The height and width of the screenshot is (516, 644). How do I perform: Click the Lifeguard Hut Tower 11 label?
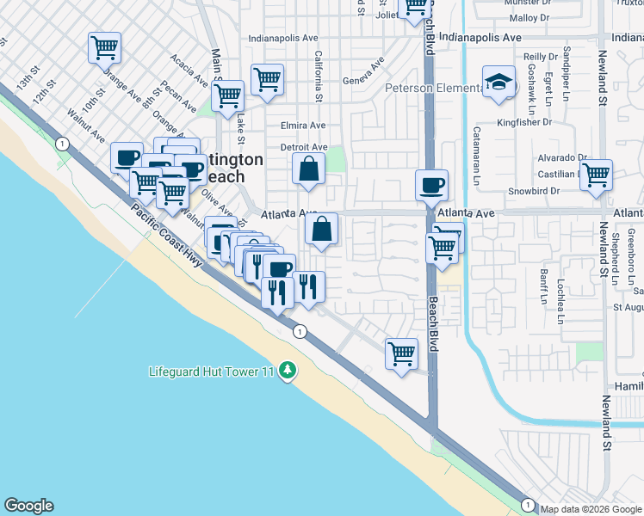pyautogui.click(x=211, y=372)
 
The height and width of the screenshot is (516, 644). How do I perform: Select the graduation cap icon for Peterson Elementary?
pyautogui.click(x=498, y=83)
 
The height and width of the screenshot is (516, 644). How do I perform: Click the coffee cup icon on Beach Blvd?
pyautogui.click(x=431, y=183)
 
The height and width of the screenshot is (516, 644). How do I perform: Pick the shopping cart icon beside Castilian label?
pyautogui.click(x=596, y=175)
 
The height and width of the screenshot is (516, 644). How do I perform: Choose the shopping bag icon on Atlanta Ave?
pyautogui.click(x=321, y=230)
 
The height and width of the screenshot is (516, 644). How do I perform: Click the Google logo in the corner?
pyautogui.click(x=28, y=506)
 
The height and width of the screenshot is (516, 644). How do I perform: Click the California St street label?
pyautogui.click(x=319, y=77)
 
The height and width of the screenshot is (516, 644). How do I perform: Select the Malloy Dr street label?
pyautogui.click(x=529, y=17)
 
